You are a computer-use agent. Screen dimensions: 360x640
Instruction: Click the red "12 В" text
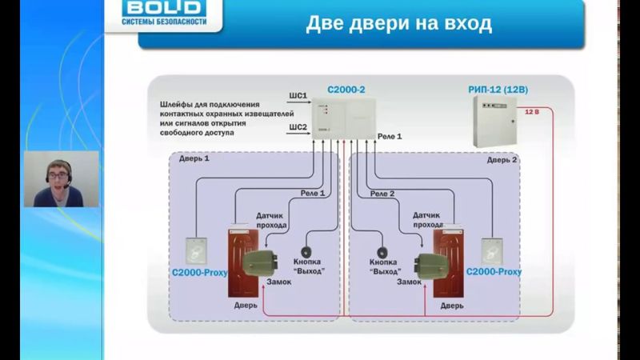(531, 113)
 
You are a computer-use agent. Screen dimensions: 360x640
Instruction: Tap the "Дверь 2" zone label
(502, 160)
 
